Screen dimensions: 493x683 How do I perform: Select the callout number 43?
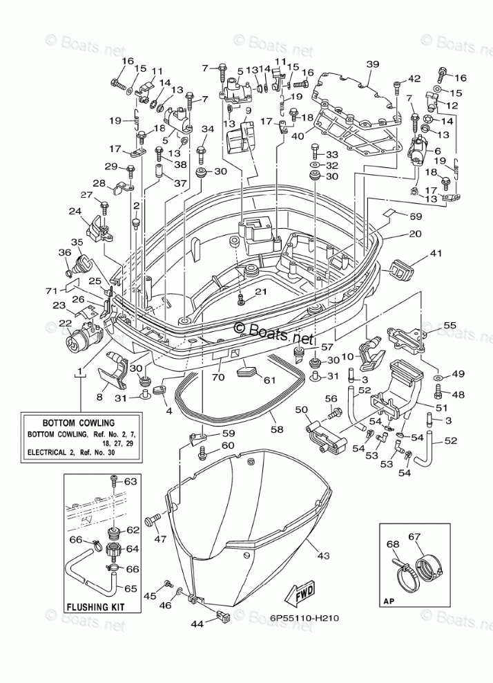pos(324,555)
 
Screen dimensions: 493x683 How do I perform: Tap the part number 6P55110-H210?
pos(304,618)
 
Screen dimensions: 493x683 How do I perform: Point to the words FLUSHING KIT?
pos(95,606)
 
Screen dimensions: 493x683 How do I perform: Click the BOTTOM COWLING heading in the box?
pos(78,422)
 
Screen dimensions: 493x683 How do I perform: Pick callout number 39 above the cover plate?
pos(372,64)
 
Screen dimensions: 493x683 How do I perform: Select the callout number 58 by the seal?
pos(277,429)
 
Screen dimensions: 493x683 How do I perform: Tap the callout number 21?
pos(260,292)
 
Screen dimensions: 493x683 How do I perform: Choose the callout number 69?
pos(416,216)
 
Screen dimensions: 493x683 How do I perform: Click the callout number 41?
pos(435,252)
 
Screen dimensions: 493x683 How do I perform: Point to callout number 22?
pos(66,323)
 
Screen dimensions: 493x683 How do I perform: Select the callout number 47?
pos(160,539)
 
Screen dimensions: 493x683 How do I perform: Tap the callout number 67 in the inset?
pos(414,536)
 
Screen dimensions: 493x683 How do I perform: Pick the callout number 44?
pos(197,624)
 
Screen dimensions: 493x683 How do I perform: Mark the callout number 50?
pos(301,409)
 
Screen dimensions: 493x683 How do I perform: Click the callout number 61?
pos(270,380)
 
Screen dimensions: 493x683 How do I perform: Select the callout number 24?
pos(75,212)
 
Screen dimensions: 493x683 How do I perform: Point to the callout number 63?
pos(130,481)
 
